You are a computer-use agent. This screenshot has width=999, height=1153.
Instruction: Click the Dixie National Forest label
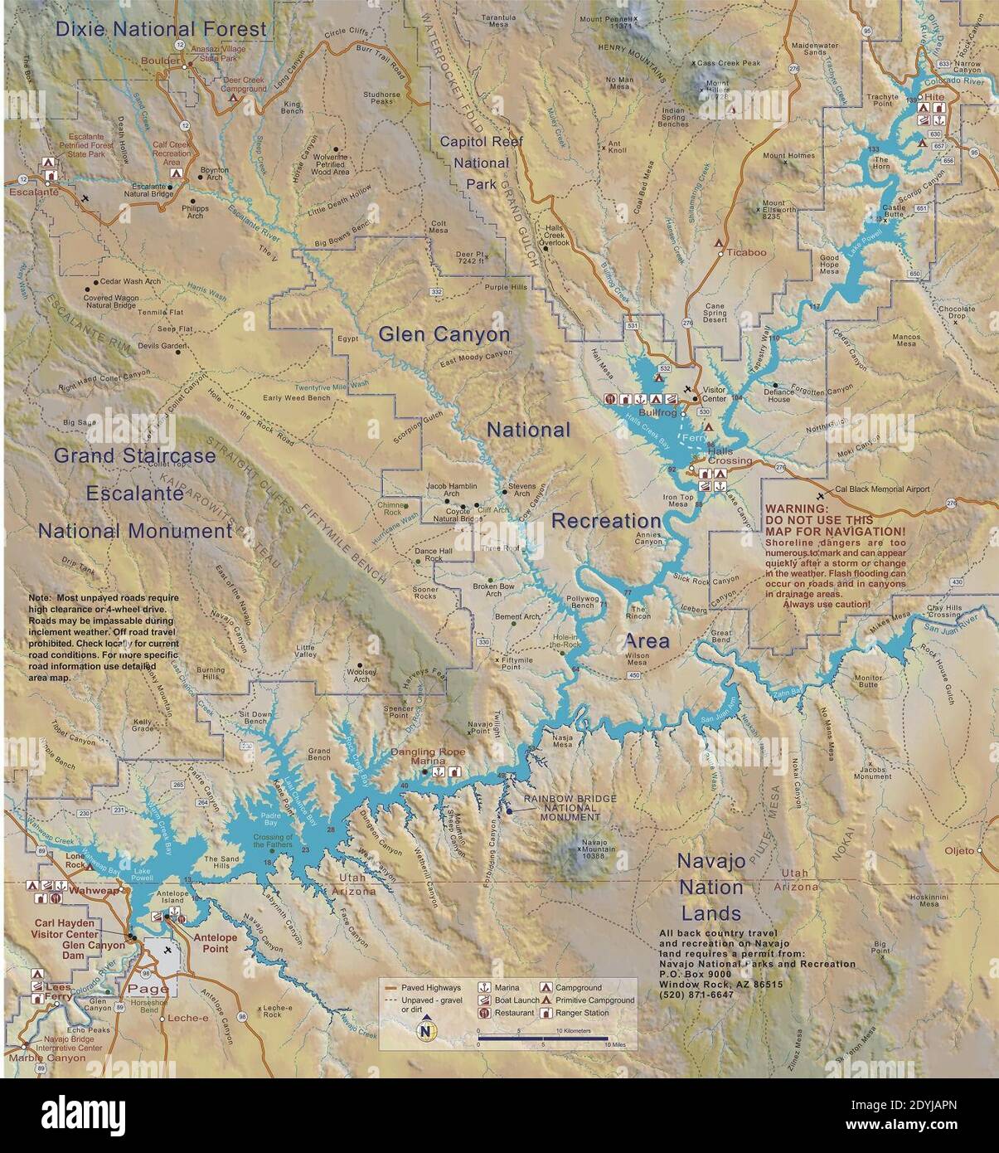tap(161, 29)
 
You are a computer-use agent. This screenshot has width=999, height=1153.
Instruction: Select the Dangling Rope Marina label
tap(428, 757)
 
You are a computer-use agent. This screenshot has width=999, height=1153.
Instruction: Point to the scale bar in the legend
tap(543, 1038)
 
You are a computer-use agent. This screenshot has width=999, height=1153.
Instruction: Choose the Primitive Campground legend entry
tap(594, 1000)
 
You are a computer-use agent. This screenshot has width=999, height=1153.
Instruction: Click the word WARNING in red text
tap(796, 508)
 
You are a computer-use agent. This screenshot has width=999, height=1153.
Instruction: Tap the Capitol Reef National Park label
tap(482, 163)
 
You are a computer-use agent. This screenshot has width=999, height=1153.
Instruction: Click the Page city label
tap(148, 989)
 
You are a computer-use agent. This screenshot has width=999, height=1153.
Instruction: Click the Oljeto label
tap(960, 850)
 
